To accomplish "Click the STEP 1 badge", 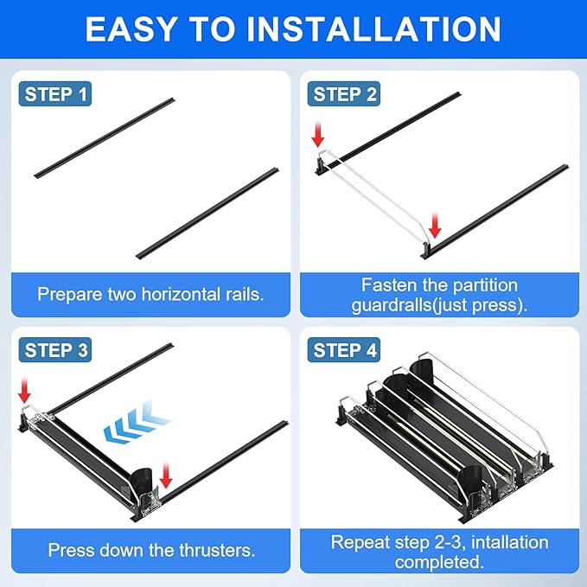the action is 55,93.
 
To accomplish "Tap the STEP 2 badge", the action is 344,93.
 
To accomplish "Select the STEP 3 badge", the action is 55,350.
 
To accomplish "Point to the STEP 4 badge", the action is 344,350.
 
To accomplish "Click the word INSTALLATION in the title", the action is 374,29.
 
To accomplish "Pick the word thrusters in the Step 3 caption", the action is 217,551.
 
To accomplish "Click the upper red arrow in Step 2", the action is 318,134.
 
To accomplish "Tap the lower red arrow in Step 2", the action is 435,225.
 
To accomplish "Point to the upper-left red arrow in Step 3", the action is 24,390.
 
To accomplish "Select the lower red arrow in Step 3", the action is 165,475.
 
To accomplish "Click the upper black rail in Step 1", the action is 104,138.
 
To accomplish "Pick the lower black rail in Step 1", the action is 207,214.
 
